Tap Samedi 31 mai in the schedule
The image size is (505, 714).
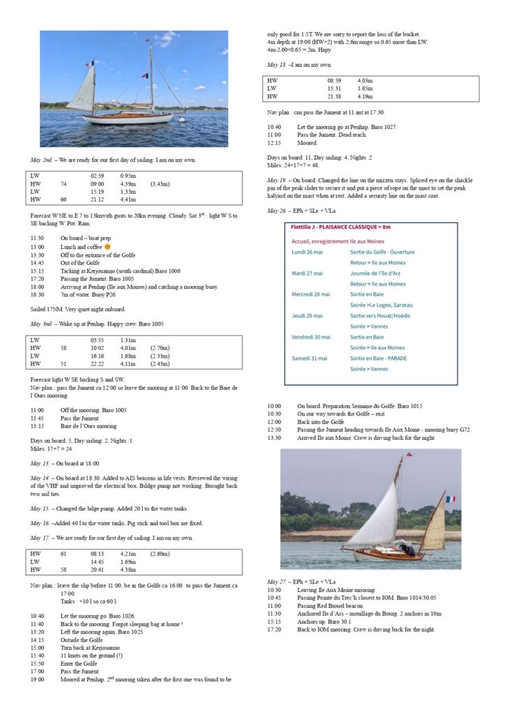[312, 358]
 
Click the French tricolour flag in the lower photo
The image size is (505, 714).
[451, 499]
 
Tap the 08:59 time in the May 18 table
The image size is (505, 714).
[334, 81]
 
